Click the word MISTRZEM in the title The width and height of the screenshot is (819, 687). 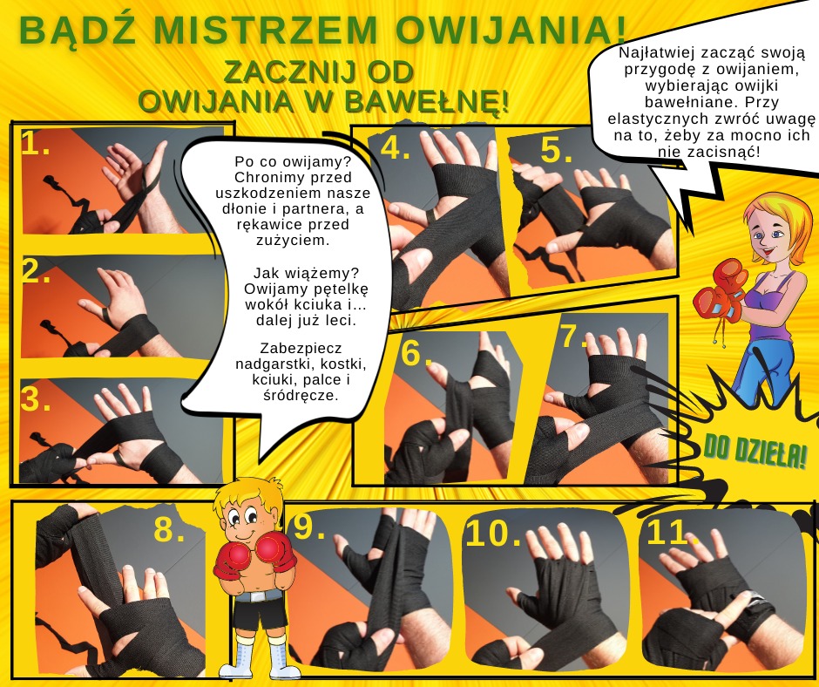[265, 30]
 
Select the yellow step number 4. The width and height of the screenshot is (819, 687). [395, 148]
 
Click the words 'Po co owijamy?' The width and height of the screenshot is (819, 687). [293, 161]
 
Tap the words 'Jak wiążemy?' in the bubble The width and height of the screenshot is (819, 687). [306, 273]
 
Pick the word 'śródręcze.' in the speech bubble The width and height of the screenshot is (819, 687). [301, 395]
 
